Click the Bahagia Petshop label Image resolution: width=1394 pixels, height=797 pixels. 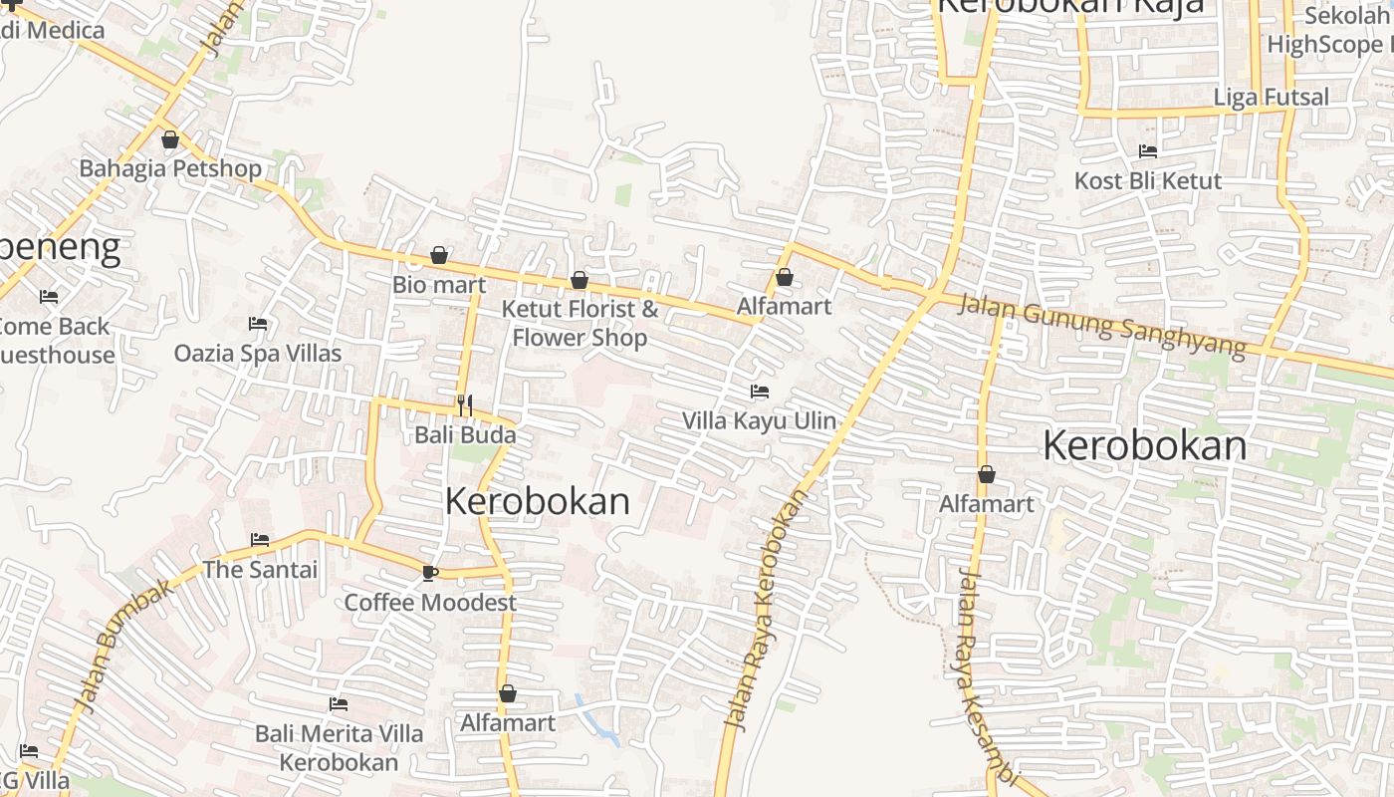click(170, 168)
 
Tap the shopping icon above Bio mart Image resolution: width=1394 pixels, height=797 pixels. click(439, 256)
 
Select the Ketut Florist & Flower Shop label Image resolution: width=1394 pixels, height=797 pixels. click(580, 323)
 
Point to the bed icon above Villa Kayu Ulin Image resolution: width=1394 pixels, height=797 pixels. click(760, 392)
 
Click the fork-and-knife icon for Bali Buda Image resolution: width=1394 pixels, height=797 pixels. click(464, 405)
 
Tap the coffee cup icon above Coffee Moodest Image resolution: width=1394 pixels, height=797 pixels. click(430, 573)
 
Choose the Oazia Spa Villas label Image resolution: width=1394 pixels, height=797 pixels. click(258, 353)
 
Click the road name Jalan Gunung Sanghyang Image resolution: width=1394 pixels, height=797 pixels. click(1101, 325)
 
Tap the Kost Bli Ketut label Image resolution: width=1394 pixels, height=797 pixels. click(1148, 181)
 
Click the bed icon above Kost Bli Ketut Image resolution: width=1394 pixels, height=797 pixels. click(1148, 151)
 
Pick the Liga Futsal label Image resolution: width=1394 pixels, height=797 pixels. click(1272, 98)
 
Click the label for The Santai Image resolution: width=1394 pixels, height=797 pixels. click(260, 570)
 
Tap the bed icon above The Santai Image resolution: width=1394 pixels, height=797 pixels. click(260, 540)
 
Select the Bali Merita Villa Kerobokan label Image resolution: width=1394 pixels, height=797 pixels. click(339, 747)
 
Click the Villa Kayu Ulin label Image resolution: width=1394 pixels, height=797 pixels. click(759, 420)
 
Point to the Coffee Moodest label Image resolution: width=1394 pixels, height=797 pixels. click(430, 603)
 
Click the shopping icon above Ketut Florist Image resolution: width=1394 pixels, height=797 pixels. click(580, 281)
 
